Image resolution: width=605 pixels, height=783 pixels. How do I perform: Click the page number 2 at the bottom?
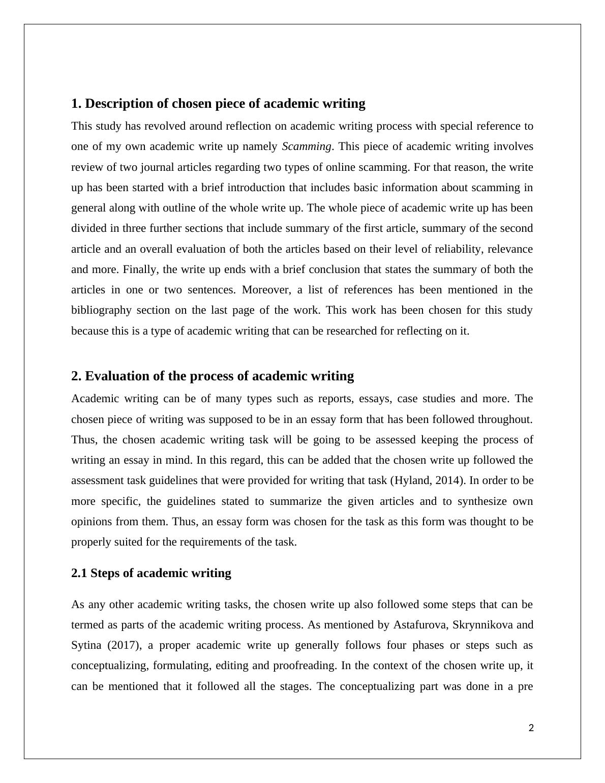coord(531,728)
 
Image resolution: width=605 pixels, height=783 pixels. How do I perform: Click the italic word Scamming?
coord(307,146)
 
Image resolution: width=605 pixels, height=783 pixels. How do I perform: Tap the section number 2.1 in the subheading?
coord(79,573)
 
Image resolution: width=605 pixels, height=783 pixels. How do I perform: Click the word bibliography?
coord(101,310)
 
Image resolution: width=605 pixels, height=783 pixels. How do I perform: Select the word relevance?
coord(510,249)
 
